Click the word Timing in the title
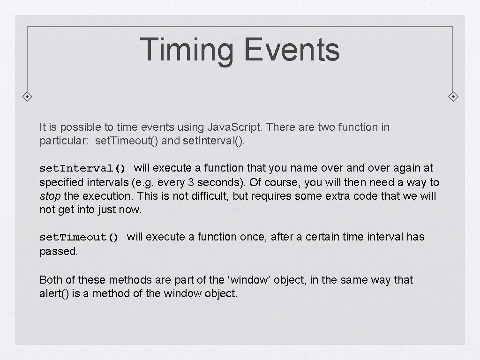click(187, 50)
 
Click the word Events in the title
click(292, 50)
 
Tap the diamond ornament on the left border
click(28, 97)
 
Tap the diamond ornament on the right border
click(453, 97)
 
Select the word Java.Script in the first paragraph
click(228, 127)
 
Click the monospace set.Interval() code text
click(82, 168)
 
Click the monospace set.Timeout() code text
click(79, 238)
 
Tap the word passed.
click(59, 251)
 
